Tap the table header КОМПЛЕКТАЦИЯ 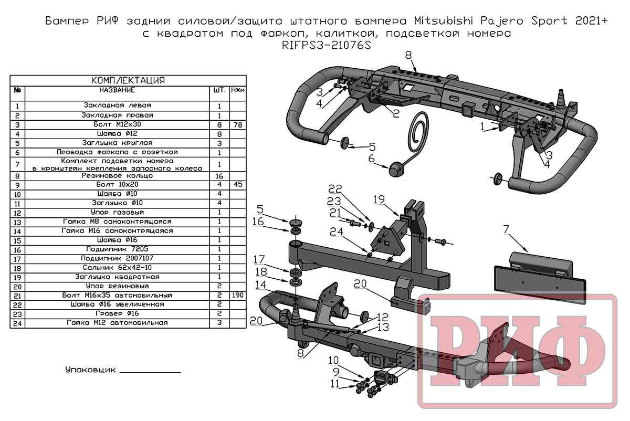pos(128,80)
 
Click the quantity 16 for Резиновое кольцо pos(219,176)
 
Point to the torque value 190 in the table pos(238,296)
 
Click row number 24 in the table pos(17,322)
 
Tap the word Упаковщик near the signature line pos(90,370)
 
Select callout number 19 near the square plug pos(379,199)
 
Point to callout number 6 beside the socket pos(371,159)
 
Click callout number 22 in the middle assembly pos(335,189)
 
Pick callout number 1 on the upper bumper pos(482,127)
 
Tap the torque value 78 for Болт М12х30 pos(238,125)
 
